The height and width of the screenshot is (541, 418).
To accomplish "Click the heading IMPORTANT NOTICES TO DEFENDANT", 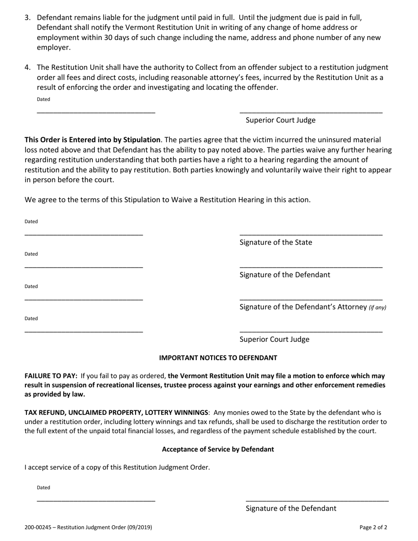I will [x=218, y=358].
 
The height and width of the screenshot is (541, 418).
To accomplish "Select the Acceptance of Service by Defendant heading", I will [x=218, y=449].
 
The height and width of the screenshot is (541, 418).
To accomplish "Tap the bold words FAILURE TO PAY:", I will [x=51, y=376].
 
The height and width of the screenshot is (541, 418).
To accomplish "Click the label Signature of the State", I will [x=276, y=242].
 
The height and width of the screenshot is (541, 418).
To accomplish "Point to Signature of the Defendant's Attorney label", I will [x=304, y=307].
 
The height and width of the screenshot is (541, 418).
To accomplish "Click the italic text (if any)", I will [x=378, y=307].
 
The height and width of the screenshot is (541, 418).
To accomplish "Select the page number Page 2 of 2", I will [x=373, y=527].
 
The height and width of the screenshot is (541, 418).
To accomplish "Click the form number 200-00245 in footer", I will [x=38, y=527].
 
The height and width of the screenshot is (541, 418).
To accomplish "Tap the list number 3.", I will [x=28, y=18].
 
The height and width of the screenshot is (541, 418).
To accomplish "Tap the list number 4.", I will [x=28, y=67].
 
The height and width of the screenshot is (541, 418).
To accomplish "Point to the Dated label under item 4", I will [x=44, y=99].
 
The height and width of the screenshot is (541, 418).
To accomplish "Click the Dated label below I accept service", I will [x=44, y=487].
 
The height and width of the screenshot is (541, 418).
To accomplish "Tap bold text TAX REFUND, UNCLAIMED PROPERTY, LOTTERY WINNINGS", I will [x=116, y=413].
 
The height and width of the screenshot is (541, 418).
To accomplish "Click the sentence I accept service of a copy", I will [x=117, y=467].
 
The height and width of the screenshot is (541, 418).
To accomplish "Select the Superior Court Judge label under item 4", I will [x=280, y=120].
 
